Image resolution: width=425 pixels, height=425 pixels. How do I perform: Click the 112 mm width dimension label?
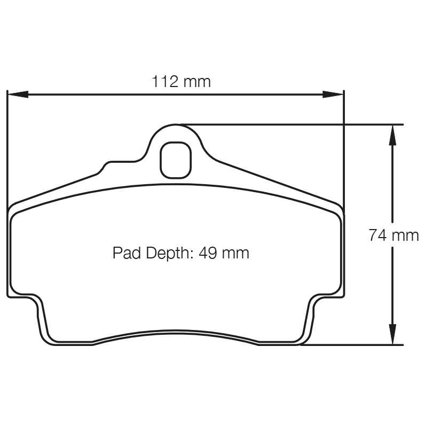point(181,82)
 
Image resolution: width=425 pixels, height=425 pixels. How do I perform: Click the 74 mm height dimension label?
point(393,235)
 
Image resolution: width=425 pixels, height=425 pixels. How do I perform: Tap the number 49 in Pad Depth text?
point(207,253)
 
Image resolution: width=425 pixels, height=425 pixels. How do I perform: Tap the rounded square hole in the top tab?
point(176,160)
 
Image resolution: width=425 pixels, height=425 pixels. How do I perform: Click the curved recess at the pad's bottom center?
point(176,332)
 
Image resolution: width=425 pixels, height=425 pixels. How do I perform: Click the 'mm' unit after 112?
point(197,82)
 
